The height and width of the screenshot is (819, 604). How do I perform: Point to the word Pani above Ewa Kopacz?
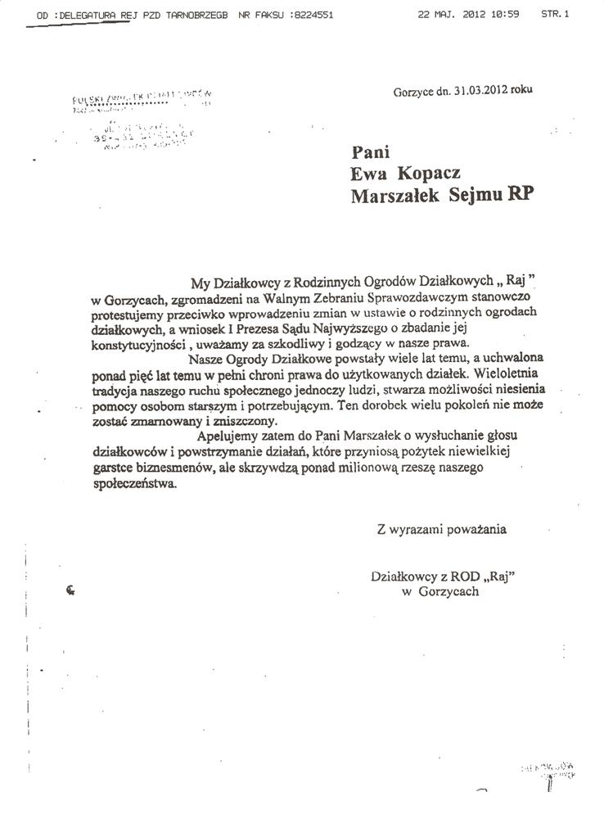click(x=368, y=152)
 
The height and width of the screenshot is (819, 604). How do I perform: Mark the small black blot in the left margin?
click(x=70, y=591)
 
